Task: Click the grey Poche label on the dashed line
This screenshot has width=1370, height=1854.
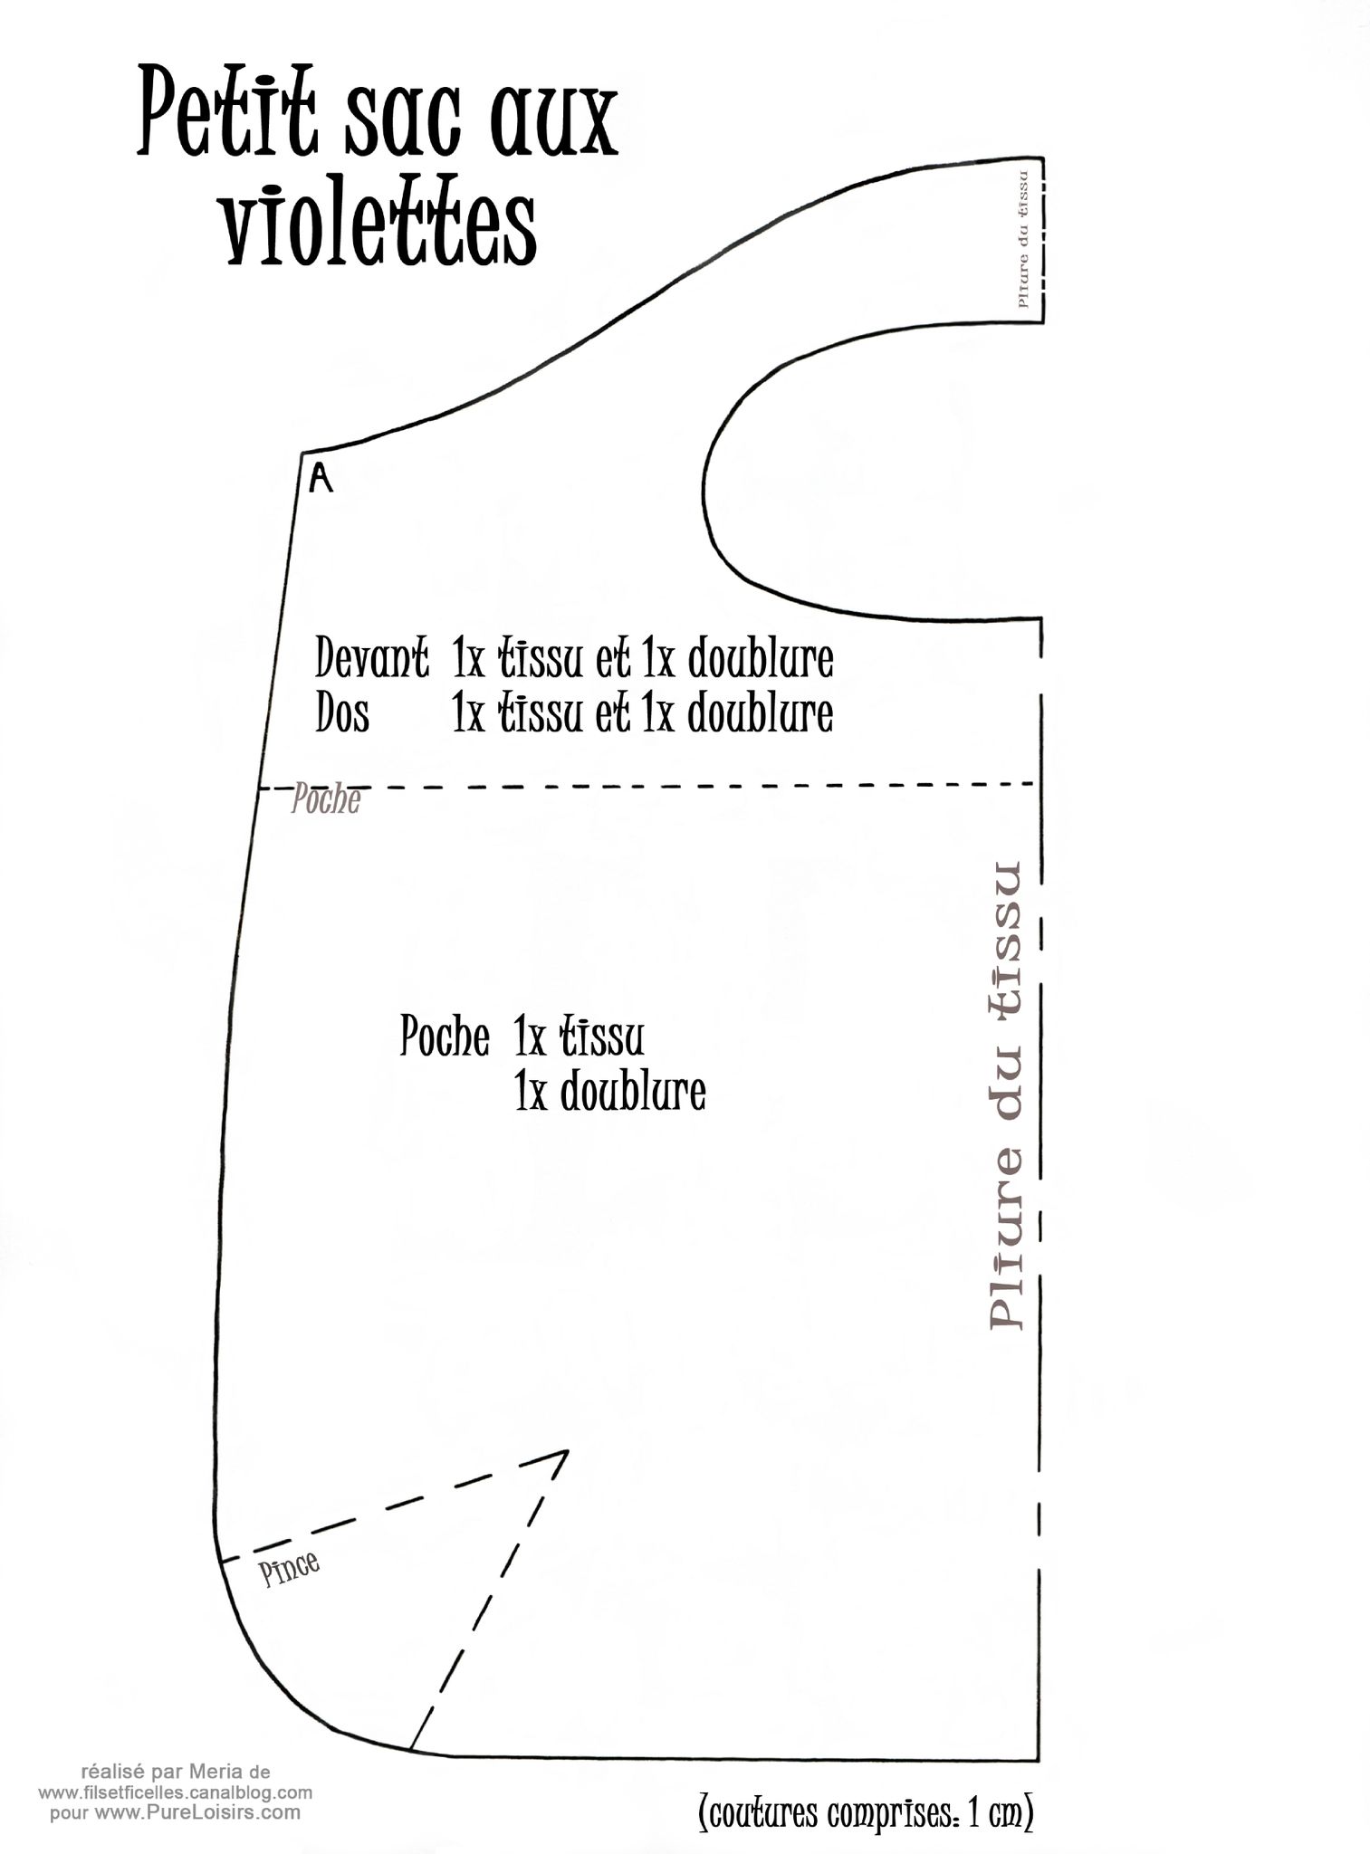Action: click(x=325, y=800)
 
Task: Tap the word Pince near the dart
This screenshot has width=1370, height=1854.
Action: click(x=290, y=1569)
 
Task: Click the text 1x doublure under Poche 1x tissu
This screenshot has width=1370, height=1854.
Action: click(x=609, y=1092)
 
